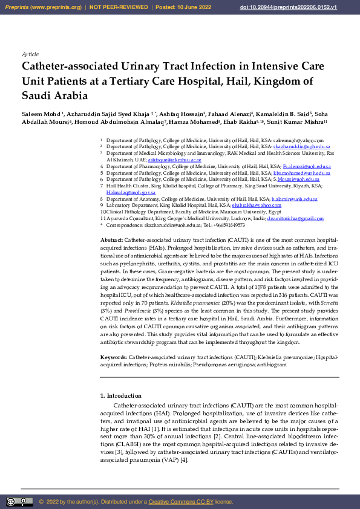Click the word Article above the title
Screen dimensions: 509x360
click(30, 54)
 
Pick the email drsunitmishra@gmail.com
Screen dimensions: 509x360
click(295, 218)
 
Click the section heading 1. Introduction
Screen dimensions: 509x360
click(120, 396)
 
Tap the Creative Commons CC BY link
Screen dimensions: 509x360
click(181, 502)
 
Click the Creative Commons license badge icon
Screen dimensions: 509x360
click(19, 502)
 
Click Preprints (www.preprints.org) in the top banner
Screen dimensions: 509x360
click(42, 7)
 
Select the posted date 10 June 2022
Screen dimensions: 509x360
click(193, 7)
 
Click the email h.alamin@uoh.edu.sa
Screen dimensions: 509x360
click(295, 199)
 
